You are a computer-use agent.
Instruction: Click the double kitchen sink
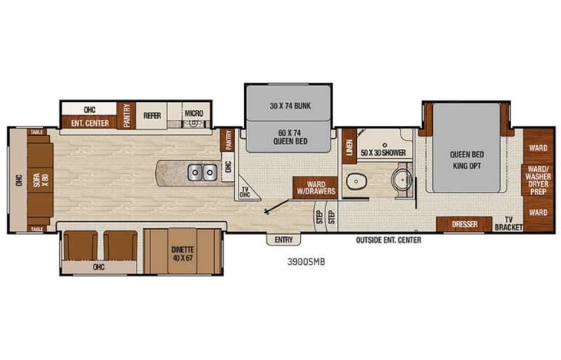203,172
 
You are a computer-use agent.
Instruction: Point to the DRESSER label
464,224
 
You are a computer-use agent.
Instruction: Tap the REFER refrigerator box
152,115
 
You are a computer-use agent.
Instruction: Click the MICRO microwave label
193,114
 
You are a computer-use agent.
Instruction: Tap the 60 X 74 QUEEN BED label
289,137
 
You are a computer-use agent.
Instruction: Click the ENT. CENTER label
87,123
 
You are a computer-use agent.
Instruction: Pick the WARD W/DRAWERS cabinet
314,187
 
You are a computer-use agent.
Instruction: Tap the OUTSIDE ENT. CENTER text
388,240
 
